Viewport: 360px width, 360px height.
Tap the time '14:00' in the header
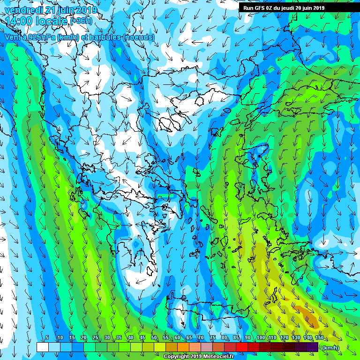[18, 21]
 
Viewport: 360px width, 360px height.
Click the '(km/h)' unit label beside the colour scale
[331, 348]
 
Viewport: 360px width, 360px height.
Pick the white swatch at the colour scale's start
[42, 347]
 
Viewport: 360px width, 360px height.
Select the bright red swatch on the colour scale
[241, 347]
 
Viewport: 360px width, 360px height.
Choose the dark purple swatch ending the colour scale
[312, 347]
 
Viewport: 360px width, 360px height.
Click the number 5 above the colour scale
[47, 338]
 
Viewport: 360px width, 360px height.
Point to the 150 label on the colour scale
[319, 338]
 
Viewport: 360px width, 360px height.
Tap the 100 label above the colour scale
[260, 338]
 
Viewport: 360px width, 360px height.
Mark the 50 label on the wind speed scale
[154, 338]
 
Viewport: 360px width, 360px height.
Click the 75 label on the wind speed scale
[213, 338]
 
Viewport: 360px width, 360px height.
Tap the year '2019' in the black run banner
[317, 8]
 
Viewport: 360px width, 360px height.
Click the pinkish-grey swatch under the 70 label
[206, 347]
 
